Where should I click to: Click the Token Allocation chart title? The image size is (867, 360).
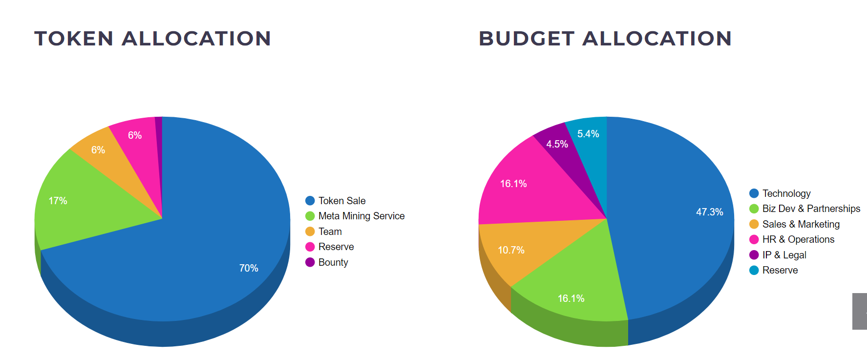152,39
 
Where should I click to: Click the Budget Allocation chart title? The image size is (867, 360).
605,39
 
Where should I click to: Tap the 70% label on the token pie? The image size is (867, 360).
249,268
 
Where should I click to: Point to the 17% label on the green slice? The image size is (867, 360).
58,201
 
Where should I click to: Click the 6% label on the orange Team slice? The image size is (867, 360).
98,150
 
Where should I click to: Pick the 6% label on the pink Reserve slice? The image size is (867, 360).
135,135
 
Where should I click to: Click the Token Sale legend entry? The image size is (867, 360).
341,201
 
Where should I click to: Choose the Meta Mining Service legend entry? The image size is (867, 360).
361,216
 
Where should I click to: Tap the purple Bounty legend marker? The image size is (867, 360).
310,262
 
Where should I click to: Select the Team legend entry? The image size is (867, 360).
330,232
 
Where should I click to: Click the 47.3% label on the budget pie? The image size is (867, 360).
709,212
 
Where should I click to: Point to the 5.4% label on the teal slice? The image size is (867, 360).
588,134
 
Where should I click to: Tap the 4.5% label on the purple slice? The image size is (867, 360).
557,144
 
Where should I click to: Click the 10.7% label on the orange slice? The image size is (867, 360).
511,250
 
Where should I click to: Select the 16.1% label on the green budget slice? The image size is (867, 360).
571,298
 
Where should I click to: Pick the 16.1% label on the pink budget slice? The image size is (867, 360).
513,184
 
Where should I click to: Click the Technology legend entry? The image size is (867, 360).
786,193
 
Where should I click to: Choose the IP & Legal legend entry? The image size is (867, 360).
784,255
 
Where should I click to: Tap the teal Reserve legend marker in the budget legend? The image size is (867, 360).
754,270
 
